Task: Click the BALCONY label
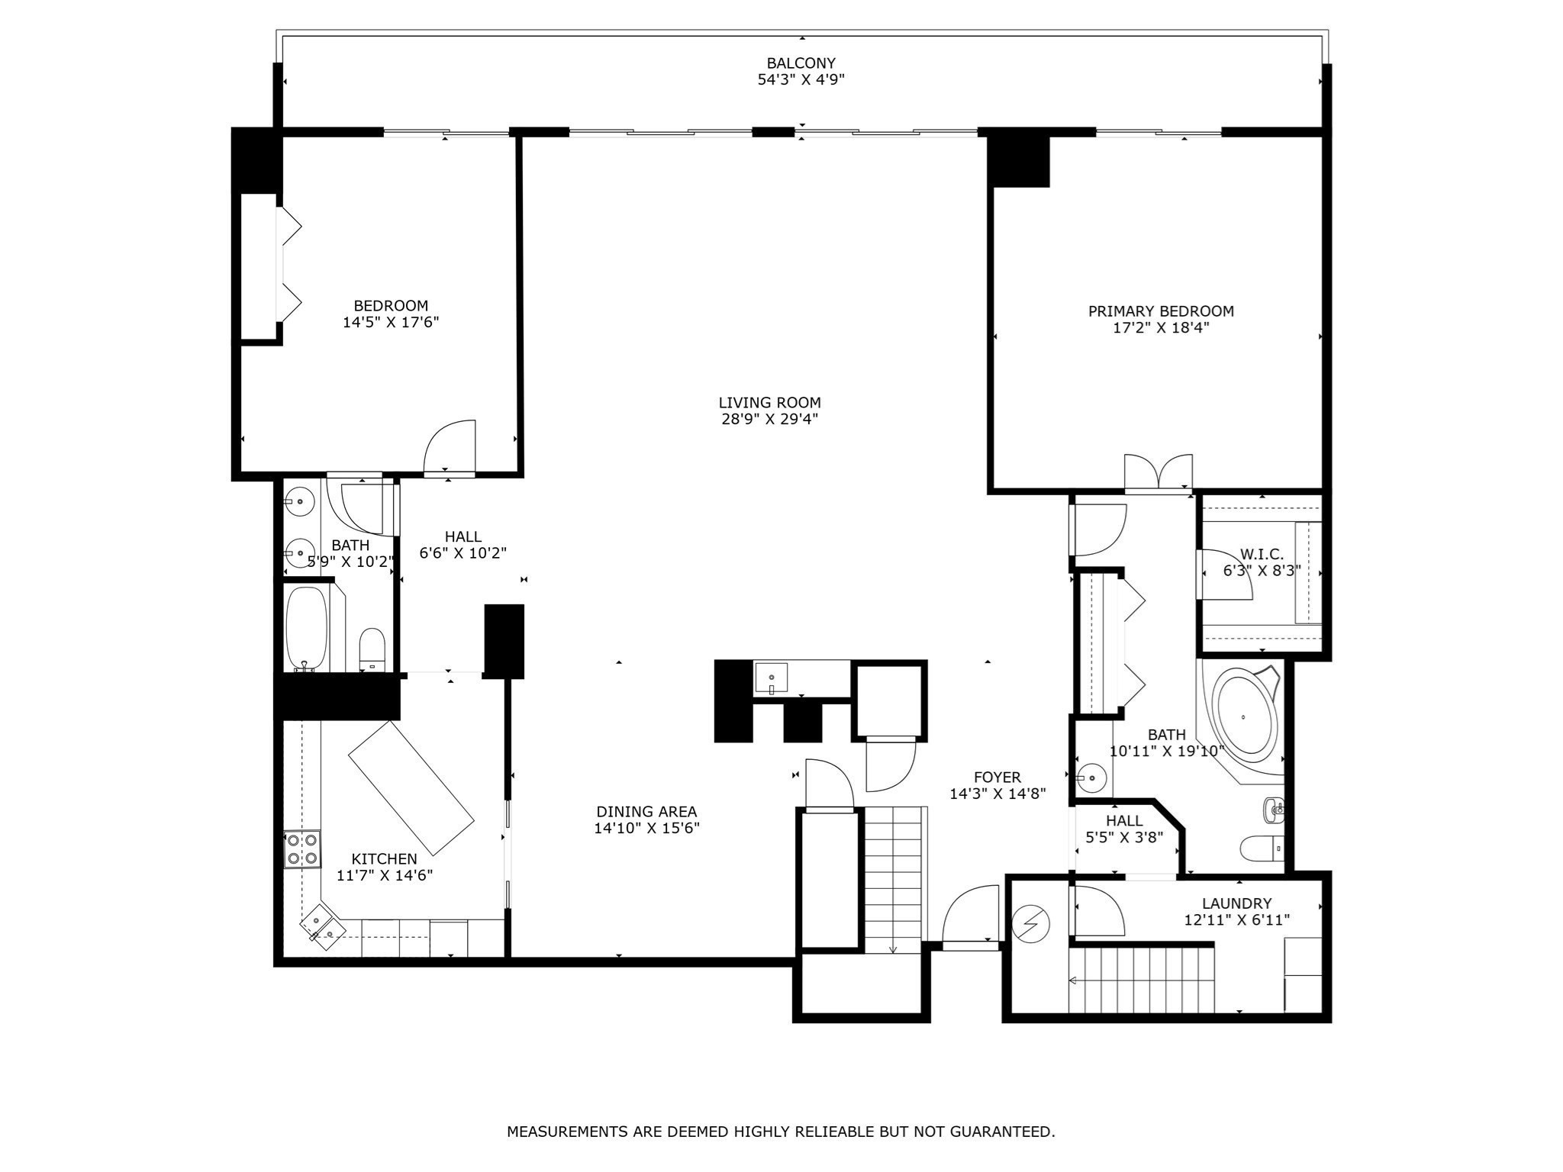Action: [801, 63]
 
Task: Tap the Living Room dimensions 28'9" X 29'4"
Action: [769, 419]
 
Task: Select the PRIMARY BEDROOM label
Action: [1160, 311]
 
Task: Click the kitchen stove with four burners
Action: [302, 849]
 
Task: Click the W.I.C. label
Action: [1262, 555]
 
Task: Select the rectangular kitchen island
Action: [411, 787]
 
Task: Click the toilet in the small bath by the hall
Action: [372, 649]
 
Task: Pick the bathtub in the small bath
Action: [306, 628]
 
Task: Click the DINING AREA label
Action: [646, 812]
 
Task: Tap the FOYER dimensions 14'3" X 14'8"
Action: [997, 794]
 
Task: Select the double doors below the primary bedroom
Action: [1158, 473]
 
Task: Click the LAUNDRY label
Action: [1236, 903]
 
